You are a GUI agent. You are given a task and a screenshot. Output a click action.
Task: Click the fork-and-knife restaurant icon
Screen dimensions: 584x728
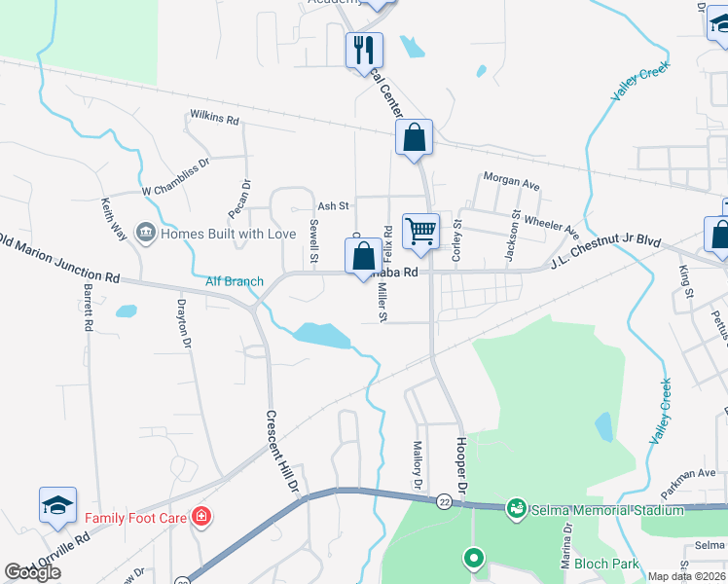(364, 49)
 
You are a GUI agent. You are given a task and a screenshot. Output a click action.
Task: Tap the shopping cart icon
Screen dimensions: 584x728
(420, 231)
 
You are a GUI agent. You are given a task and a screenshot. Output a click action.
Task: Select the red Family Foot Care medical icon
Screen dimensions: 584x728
(200, 516)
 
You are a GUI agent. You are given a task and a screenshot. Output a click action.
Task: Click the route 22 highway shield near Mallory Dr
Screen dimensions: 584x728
(444, 498)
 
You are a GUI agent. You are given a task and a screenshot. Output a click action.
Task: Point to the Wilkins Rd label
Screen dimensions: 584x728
(214, 119)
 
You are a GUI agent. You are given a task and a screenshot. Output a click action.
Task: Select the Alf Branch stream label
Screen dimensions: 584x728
(234, 281)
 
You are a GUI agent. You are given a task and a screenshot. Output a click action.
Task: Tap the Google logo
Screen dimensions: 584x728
(32, 572)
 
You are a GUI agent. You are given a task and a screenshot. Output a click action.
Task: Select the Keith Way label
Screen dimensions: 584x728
(114, 221)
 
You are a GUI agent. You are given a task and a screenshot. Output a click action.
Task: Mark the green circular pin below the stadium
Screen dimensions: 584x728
(473, 558)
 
